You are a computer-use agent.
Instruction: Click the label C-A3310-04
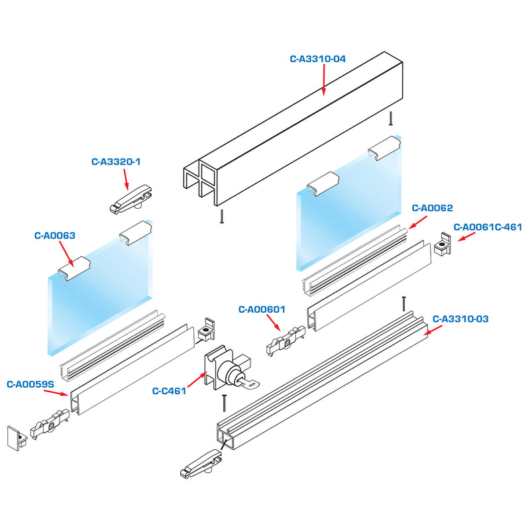click(318, 58)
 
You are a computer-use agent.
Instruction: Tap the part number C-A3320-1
click(116, 161)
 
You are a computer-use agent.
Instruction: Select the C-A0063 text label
click(54, 235)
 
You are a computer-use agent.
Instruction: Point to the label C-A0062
click(432, 208)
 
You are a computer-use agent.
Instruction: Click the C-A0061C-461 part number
click(488, 227)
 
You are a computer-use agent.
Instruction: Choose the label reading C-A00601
click(262, 309)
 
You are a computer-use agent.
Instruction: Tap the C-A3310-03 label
click(460, 319)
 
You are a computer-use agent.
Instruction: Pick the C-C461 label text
click(168, 391)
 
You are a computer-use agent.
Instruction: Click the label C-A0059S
click(30, 384)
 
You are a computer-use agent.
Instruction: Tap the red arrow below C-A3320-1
click(125, 180)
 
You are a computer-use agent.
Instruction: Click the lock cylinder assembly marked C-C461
click(229, 371)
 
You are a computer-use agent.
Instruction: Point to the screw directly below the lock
click(225, 401)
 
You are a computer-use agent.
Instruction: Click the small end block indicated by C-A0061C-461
click(443, 246)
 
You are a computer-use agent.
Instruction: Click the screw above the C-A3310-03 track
click(403, 303)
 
